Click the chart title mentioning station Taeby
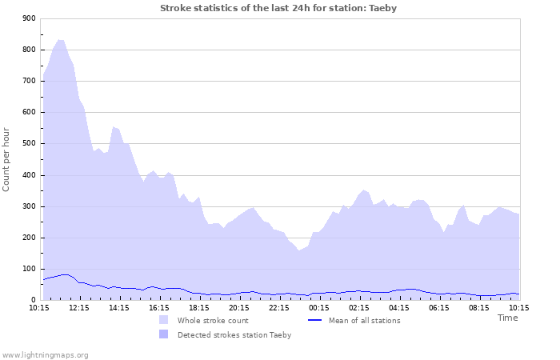coord(278,8)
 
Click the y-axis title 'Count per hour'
coord(7,158)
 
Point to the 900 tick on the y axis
coord(28,18)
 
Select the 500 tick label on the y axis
coord(28,144)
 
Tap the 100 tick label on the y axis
coord(28,269)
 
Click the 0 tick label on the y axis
coord(33,300)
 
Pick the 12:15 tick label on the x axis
coord(79,307)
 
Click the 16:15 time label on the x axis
coord(159,307)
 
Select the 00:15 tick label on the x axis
coord(319,307)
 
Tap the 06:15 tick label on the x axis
coord(439,307)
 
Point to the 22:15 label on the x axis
coord(279,307)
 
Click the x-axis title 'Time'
coord(507,318)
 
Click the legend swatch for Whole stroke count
coord(163,320)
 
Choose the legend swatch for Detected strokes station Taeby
coord(163,334)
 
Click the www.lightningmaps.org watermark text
coord(45,354)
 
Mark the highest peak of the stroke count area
coord(61,40)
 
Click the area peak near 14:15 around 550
coord(114,126)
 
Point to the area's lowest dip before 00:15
coord(299,250)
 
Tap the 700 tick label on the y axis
coord(28,81)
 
